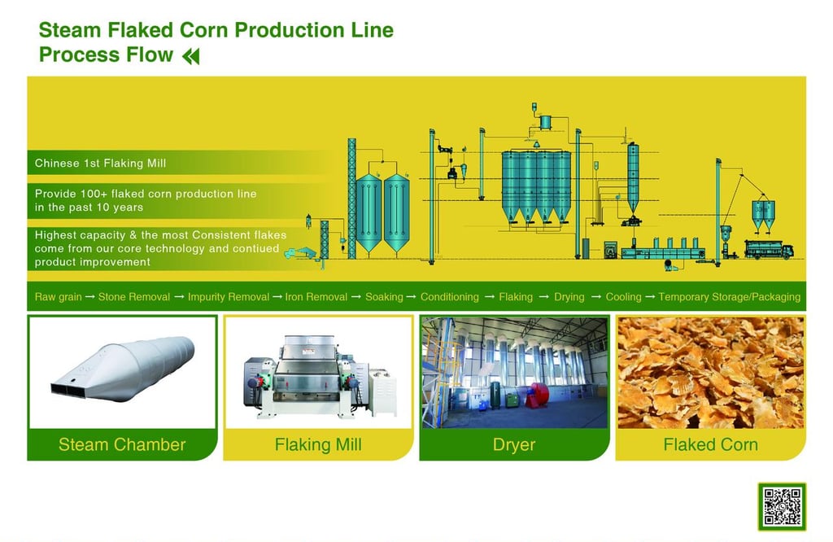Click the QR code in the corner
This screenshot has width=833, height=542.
point(782,506)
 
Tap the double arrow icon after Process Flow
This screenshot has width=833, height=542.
point(190,56)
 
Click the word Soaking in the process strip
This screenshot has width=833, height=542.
point(384,296)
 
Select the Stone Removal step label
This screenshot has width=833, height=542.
point(134,296)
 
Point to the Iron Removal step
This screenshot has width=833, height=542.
point(316,296)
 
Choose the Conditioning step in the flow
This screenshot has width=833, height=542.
point(449,296)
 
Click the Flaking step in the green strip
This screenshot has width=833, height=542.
point(515,296)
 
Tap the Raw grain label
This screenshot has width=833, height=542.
point(58,296)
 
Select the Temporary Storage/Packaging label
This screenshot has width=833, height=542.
point(729,296)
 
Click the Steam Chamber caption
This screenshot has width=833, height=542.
point(122,444)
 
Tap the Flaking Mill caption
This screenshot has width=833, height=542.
point(318,444)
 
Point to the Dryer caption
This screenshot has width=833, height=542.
point(514,444)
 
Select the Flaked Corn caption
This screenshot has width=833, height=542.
point(710,444)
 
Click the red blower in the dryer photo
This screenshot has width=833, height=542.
point(537,394)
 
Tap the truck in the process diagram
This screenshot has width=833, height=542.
point(769,249)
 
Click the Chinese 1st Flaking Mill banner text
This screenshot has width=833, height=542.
point(100,163)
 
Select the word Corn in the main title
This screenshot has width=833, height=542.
point(204,30)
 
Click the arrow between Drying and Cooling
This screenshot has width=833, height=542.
point(595,296)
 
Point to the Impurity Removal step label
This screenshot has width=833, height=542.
point(229,296)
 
